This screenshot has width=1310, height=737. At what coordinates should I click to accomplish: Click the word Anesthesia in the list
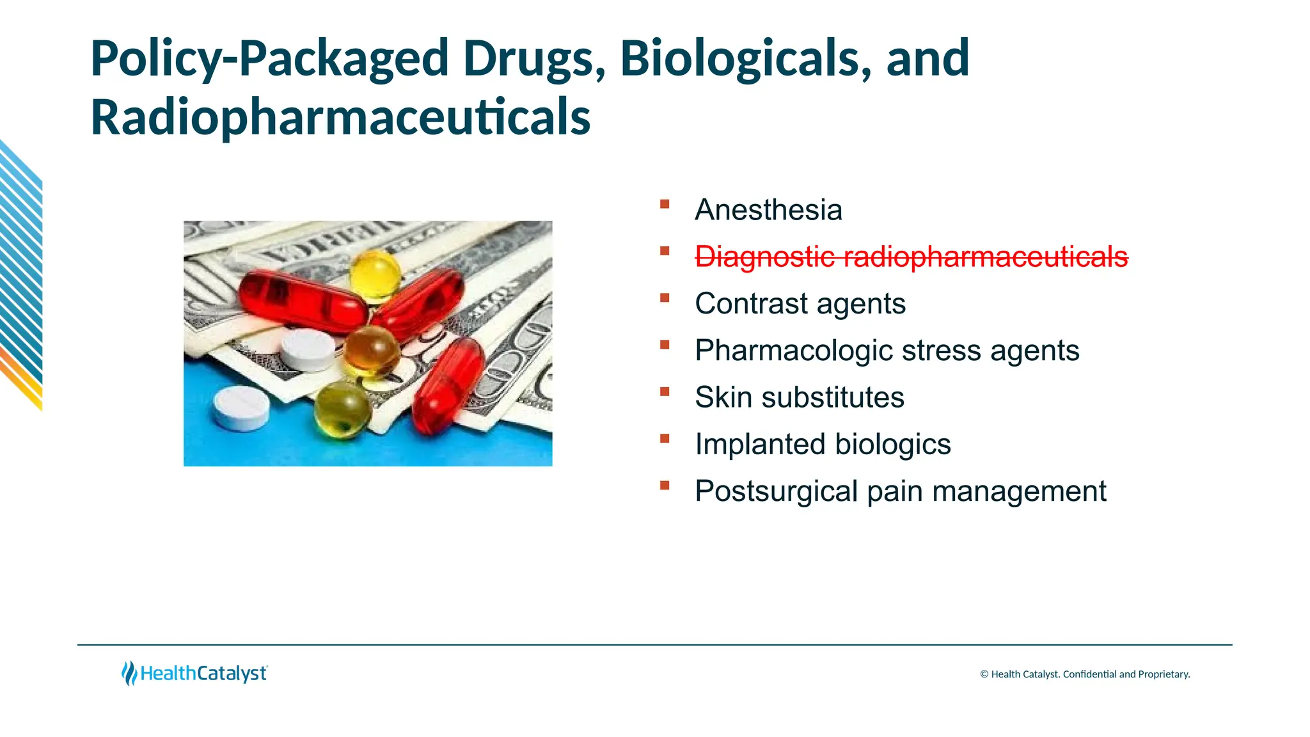click(x=768, y=210)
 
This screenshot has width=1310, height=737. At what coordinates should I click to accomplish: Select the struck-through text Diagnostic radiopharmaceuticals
click(x=911, y=257)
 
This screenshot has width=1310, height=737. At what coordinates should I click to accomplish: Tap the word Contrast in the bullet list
click(x=751, y=303)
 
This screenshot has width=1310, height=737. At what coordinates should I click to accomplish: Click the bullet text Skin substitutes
click(x=799, y=397)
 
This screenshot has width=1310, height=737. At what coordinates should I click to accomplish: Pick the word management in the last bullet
click(x=1019, y=491)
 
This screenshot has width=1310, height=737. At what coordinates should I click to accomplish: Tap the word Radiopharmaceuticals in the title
click(x=340, y=118)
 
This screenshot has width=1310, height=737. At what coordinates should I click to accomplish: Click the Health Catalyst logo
click(x=194, y=673)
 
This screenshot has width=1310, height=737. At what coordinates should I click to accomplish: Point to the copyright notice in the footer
click(x=1085, y=674)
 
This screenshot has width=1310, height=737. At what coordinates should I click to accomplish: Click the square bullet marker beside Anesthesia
click(x=665, y=204)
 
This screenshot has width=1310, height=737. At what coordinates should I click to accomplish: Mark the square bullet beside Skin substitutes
click(x=665, y=392)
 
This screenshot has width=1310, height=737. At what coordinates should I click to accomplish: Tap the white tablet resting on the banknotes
click(x=308, y=350)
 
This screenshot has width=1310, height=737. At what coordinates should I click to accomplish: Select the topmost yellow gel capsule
click(x=375, y=274)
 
